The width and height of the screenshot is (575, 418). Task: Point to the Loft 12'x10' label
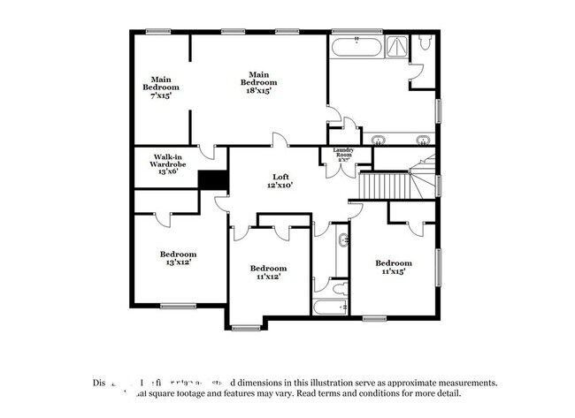[x=280, y=181]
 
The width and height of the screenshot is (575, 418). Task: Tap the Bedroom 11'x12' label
[x=267, y=272]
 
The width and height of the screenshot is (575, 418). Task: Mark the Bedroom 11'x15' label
[x=393, y=267]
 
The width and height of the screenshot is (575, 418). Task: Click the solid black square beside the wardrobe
[x=213, y=179]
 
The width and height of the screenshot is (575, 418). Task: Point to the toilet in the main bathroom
[x=424, y=42]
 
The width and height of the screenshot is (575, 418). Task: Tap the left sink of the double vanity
[x=379, y=140]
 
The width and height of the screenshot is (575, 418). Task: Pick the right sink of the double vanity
[x=422, y=140]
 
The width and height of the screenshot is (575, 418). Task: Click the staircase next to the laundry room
[x=385, y=186]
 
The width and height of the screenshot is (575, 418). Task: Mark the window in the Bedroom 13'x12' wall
[x=179, y=307]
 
